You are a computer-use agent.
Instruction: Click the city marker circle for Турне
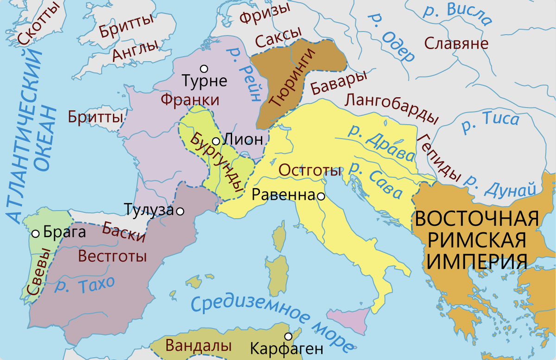[202, 69]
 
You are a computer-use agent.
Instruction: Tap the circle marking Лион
[216, 141]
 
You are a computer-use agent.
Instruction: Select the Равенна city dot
[320, 196]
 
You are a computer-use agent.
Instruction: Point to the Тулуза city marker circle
[180, 211]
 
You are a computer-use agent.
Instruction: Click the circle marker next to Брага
[35, 234]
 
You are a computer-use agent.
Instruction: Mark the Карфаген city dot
[289, 336]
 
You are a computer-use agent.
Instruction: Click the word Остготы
[309, 171]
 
